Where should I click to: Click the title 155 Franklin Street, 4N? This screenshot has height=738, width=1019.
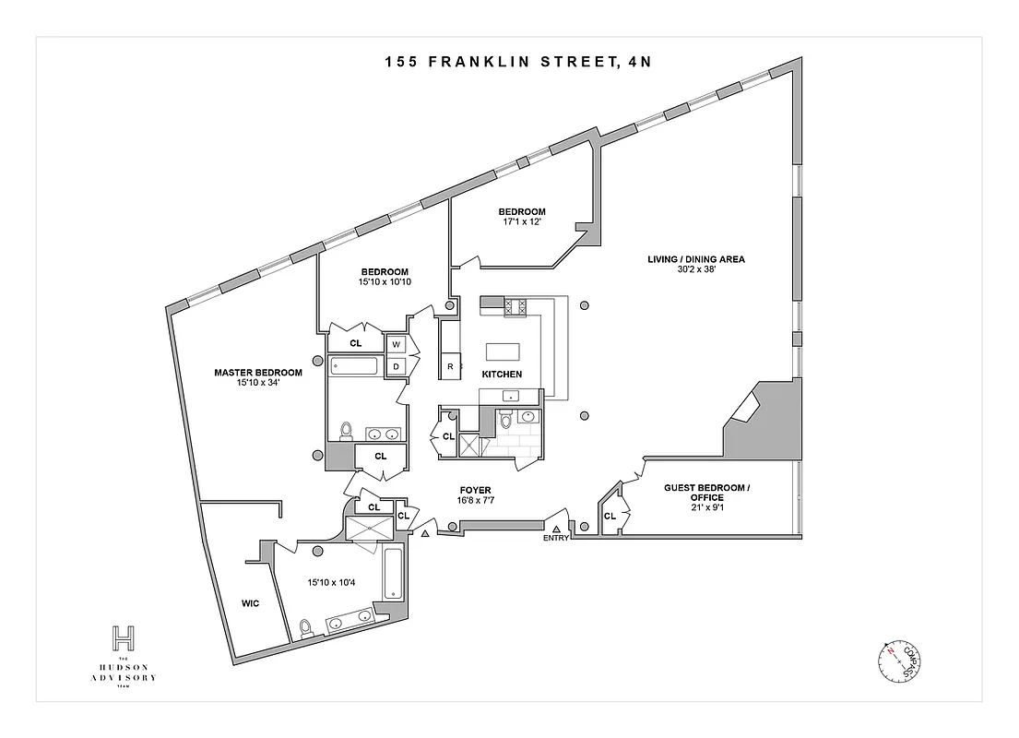click(x=509, y=63)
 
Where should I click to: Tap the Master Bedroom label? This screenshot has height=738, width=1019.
click(x=258, y=373)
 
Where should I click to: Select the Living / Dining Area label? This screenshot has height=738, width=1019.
click(x=695, y=259)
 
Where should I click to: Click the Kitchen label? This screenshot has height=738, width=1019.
click(x=502, y=375)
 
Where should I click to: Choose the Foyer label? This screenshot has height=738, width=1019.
click(x=476, y=490)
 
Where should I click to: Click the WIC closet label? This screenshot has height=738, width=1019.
click(x=249, y=603)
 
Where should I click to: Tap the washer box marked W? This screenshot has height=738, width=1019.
click(x=397, y=344)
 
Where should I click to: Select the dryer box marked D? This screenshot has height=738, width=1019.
click(x=397, y=366)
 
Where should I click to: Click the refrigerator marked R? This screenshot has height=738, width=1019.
click(x=450, y=366)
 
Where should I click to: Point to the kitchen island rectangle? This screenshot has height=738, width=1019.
click(x=504, y=351)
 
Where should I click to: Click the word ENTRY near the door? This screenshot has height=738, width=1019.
click(x=556, y=539)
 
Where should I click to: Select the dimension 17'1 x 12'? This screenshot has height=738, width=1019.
click(x=523, y=222)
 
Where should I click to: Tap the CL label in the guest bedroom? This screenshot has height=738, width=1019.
click(x=610, y=517)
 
